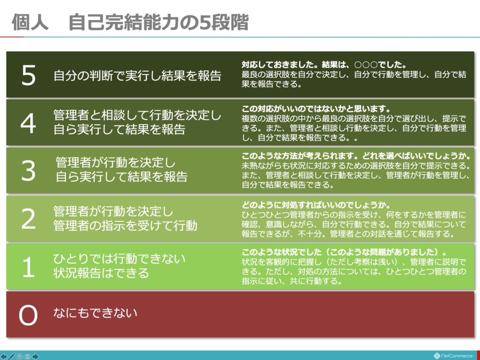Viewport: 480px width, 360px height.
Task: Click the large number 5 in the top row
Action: [29, 75]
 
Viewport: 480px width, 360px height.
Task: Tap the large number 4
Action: [28, 123]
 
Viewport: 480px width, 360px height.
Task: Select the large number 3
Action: [29, 171]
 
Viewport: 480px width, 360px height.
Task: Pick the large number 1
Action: [29, 267]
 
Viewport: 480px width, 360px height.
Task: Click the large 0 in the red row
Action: [28, 315]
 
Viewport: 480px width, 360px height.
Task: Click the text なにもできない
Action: [95, 313]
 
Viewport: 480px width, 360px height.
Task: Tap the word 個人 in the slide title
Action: [30, 22]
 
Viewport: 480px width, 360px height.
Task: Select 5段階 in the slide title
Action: [224, 22]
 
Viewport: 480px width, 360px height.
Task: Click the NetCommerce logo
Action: [453, 356]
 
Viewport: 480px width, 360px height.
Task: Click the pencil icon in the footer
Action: [12, 356]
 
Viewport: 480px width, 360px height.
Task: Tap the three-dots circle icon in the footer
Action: [28, 357]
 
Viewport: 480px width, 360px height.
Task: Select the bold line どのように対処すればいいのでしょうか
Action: [316, 205]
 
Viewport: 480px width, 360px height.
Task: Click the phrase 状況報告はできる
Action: [101, 273]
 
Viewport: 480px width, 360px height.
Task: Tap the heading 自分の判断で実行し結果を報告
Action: [137, 75]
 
